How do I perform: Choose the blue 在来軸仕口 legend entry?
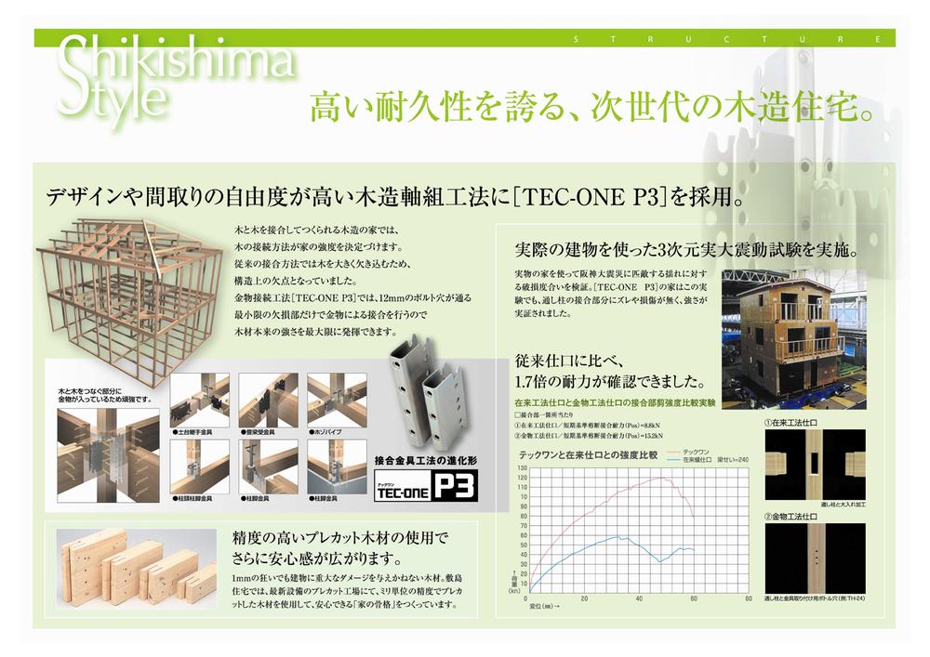click(x=702, y=459)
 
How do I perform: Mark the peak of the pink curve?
click(x=662, y=478)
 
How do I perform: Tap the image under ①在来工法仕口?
click(x=814, y=465)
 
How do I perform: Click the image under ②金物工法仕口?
click(x=814, y=558)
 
